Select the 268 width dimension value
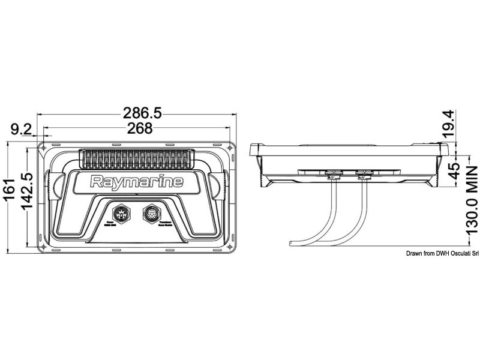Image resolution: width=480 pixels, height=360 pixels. (x=140, y=128)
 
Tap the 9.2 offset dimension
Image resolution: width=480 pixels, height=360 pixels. (x=21, y=128)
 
